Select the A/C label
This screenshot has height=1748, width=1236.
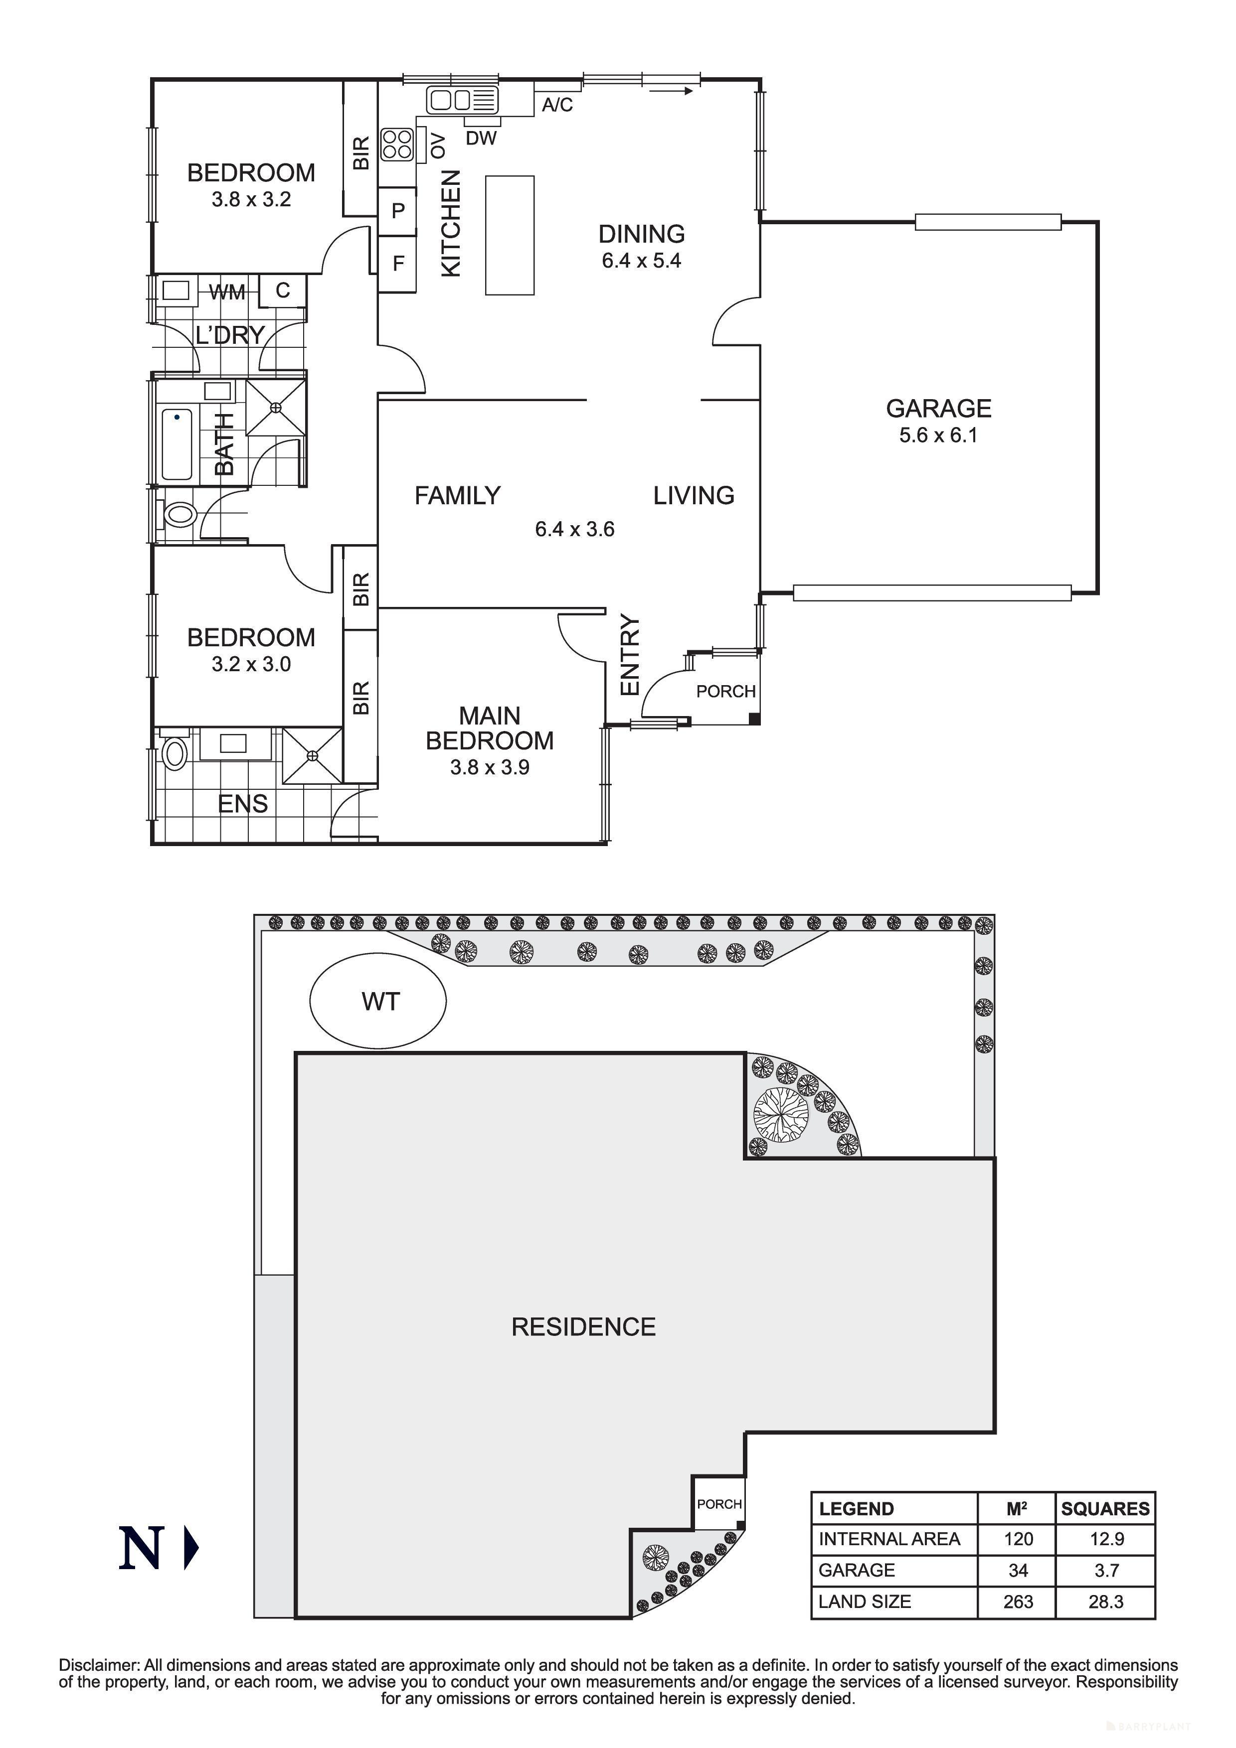point(557,105)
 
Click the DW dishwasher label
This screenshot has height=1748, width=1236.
point(481,138)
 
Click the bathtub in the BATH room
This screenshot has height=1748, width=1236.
point(177,444)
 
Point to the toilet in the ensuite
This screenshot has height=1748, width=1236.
point(175,754)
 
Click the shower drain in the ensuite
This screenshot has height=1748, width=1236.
point(312,755)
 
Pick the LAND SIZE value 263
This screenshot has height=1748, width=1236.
point(1018,1602)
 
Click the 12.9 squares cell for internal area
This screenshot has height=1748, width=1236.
point(1106,1539)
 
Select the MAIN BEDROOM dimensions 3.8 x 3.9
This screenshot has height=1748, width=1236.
point(489,767)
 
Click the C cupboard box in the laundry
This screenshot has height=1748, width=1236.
point(283,290)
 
